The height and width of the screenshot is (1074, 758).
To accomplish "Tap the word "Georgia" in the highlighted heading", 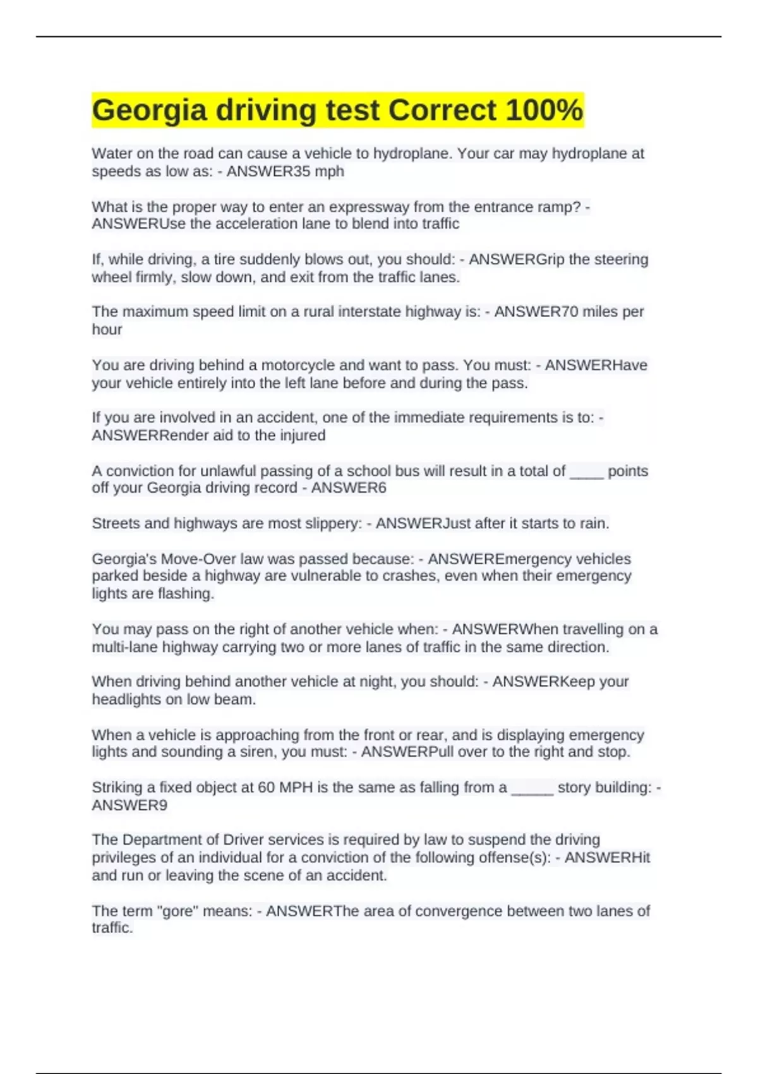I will point(149,111).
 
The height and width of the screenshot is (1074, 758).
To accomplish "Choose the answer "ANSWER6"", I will point(349,488).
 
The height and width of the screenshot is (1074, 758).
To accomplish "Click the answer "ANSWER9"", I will point(129,805).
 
